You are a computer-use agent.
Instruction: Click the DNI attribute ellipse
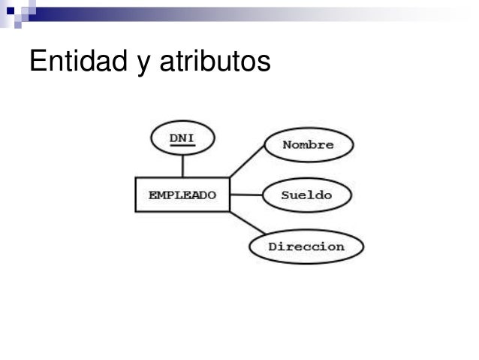[x=182, y=138]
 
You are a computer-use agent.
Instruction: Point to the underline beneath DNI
[x=182, y=145]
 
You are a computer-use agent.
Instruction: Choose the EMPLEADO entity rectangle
[x=182, y=195]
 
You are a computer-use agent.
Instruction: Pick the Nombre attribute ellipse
[x=308, y=145]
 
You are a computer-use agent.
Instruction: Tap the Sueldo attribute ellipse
[x=306, y=195]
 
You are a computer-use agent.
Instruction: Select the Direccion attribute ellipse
[x=306, y=247]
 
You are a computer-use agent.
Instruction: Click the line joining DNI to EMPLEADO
[x=182, y=166]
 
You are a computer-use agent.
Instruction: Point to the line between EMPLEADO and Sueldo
[x=246, y=195]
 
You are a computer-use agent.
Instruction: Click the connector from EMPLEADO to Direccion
[x=247, y=222]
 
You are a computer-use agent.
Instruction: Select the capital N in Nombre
[x=286, y=145]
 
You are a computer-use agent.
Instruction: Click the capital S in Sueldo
[x=285, y=195]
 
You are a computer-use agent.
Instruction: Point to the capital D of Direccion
[x=273, y=247]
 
